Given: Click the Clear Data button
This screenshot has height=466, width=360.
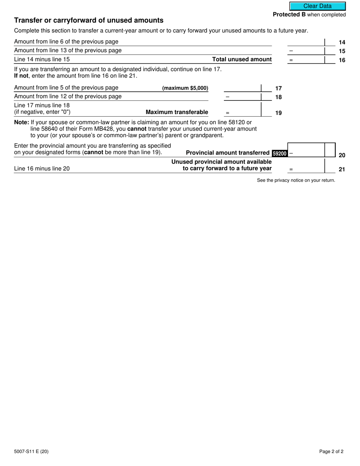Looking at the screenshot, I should click(x=318, y=6).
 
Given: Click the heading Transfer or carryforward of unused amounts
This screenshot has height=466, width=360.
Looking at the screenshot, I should click(x=89, y=20).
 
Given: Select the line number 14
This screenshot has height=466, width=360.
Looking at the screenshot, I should click(x=341, y=42).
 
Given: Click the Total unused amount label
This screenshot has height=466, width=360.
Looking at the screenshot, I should click(x=242, y=59).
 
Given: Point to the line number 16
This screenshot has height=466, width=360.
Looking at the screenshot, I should click(x=341, y=60).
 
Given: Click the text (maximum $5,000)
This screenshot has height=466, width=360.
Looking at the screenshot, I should click(x=185, y=88).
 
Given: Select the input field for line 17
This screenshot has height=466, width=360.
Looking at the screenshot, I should click(x=243, y=88).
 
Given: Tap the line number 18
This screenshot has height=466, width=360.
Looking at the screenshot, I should click(x=278, y=97).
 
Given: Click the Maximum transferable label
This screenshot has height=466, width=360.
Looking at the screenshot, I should click(x=177, y=112).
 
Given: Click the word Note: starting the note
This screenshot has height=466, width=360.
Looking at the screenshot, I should click(x=21, y=122).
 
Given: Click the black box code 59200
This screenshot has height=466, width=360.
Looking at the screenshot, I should click(x=280, y=153).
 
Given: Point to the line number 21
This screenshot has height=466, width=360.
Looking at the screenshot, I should click(x=341, y=169).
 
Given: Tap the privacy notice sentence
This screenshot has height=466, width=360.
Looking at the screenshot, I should click(x=296, y=180).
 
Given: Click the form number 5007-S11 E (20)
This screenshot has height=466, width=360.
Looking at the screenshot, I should click(x=31, y=452).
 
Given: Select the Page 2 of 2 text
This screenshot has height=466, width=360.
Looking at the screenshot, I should click(x=331, y=452).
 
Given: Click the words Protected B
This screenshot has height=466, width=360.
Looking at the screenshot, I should click(x=289, y=15).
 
